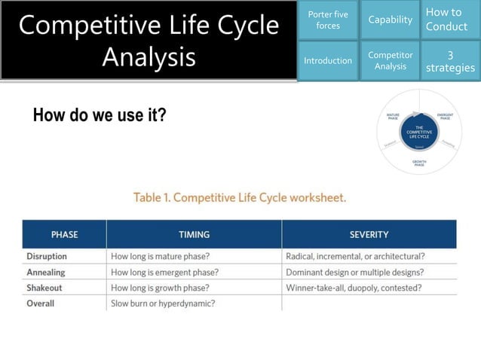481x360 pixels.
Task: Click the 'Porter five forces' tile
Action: click(328, 20)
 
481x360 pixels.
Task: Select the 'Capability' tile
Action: click(390, 20)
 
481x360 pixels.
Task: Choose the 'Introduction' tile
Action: click(328, 60)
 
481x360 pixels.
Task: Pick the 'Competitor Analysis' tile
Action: click(390, 60)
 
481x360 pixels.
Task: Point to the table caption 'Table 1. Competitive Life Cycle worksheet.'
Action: click(240, 198)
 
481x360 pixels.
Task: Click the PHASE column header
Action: click(64, 234)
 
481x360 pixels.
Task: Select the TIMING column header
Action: click(194, 234)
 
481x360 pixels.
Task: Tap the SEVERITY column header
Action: click(369, 234)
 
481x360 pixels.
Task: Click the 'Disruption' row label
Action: click(47, 256)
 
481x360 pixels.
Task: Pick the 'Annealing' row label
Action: click(46, 272)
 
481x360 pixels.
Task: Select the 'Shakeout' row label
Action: click(44, 288)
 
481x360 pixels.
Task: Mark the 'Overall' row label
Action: click(41, 304)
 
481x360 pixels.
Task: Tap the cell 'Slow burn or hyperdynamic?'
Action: click(163, 304)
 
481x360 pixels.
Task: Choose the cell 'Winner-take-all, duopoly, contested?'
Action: click(354, 288)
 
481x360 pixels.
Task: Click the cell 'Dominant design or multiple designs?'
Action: click(354, 272)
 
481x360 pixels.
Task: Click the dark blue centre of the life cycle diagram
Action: click(419, 131)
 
